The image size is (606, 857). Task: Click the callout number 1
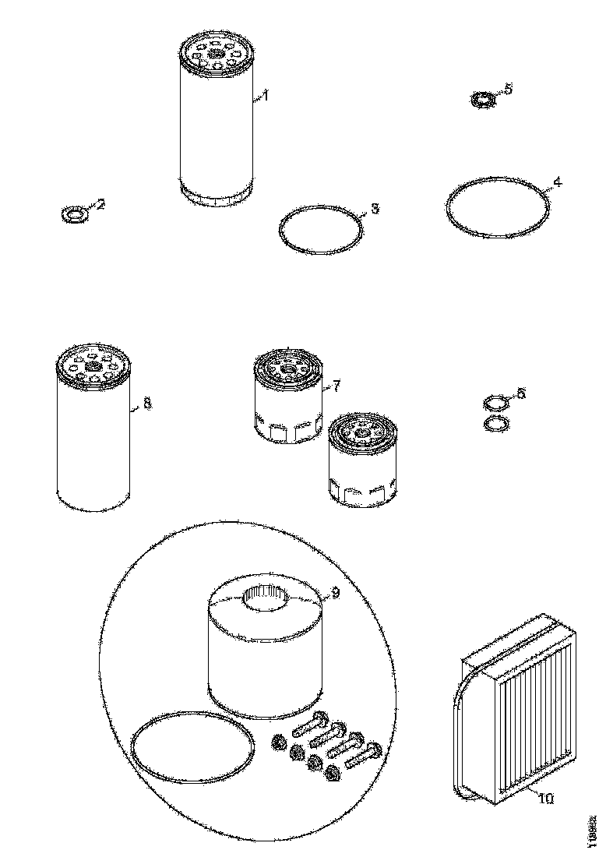coord(265,96)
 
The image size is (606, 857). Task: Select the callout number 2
coord(100,205)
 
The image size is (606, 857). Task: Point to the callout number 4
coord(556,184)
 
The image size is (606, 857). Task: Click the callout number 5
coord(509,90)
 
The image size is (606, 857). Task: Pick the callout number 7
coord(336,385)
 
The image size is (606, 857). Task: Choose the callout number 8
coord(147,404)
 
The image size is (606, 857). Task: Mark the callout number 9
coord(335,594)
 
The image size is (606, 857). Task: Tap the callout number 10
coord(545,799)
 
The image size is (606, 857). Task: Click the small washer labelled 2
coord(72,213)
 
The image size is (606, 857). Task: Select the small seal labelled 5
coord(484,101)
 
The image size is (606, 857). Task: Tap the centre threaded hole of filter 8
coord(93,366)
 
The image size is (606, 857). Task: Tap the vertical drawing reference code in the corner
coord(593,827)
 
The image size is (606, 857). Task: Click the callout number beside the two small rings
coord(521,394)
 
